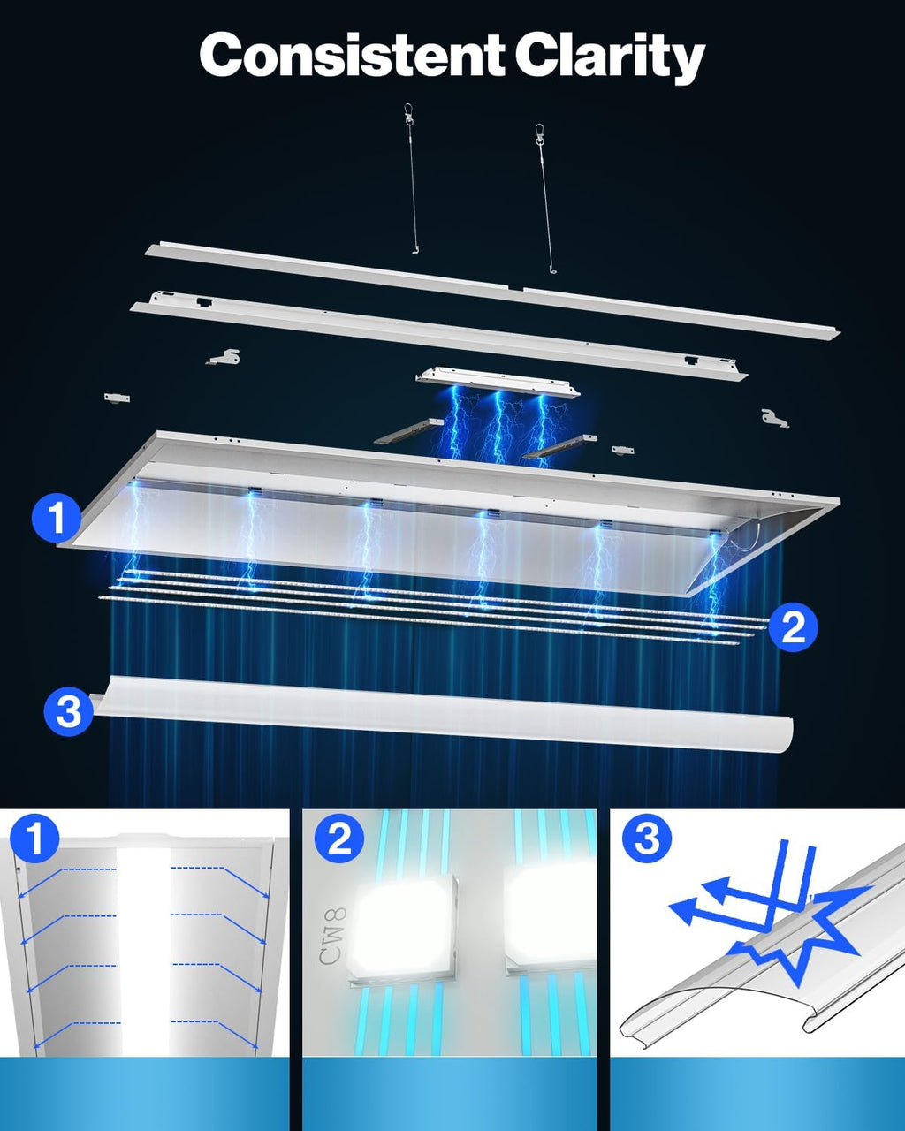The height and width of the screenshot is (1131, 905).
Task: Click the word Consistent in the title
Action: tap(351, 56)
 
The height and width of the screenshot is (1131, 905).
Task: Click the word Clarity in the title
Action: tap(610, 57)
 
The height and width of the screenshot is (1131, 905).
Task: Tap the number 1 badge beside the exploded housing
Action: tap(57, 518)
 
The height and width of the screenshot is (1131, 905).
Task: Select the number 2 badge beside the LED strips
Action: tap(793, 626)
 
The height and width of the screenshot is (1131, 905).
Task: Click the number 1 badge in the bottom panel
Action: tap(34, 839)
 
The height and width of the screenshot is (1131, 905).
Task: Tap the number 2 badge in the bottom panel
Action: tap(339, 839)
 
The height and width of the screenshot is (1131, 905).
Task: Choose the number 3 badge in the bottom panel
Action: tap(647, 839)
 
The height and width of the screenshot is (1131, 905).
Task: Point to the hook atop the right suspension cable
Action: tap(539, 133)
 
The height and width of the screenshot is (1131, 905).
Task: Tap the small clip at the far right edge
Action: tap(774, 418)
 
